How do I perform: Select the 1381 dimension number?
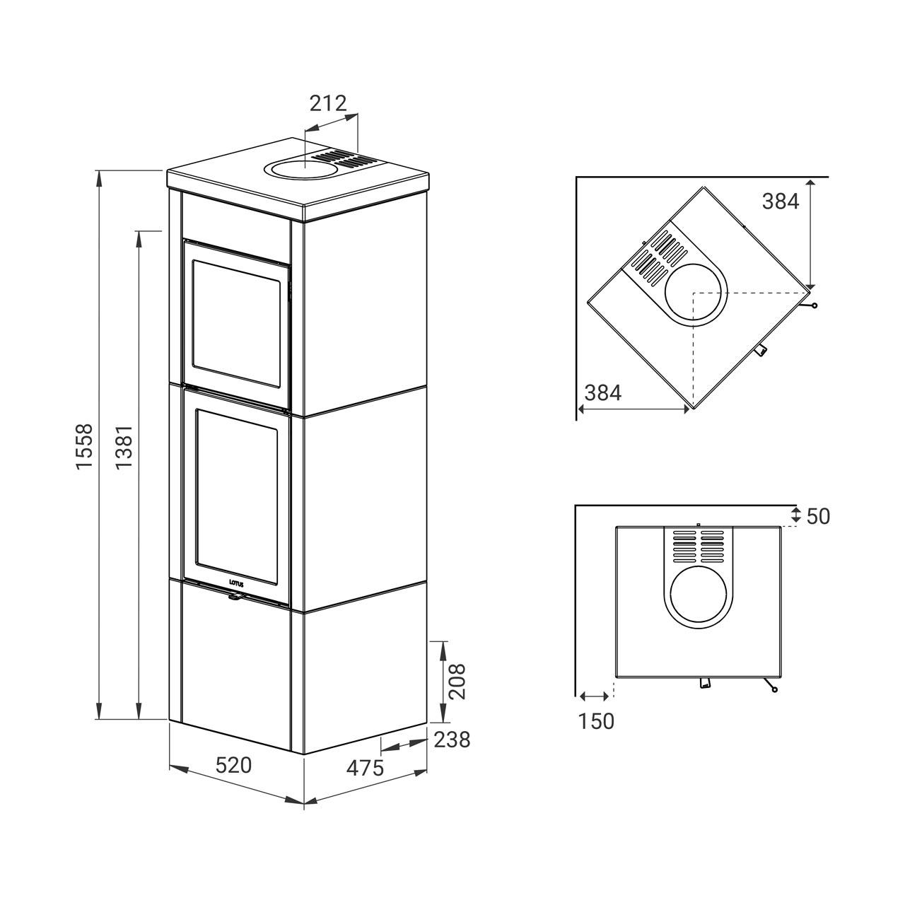tap(125, 447)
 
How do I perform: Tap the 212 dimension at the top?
tap(328, 103)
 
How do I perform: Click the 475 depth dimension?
tap(365, 781)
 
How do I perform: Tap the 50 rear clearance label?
tap(818, 517)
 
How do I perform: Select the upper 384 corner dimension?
tap(780, 202)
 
